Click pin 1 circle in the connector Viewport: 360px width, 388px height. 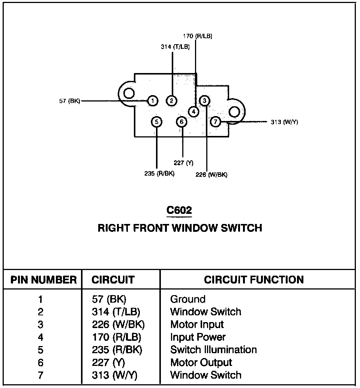pyautogui.click(x=153, y=101)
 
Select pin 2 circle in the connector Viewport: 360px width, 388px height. pyautogui.click(x=171, y=100)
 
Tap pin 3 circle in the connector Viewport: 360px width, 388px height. pyautogui.click(x=204, y=100)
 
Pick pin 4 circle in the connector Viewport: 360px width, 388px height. pyautogui.click(x=193, y=112)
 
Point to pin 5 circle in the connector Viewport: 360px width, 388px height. pyautogui.click(x=157, y=122)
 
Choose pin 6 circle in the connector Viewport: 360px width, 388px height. pyautogui.click(x=182, y=122)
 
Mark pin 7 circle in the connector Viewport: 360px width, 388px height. pyautogui.click(x=215, y=122)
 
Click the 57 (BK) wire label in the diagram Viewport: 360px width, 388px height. pyautogui.click(x=70, y=101)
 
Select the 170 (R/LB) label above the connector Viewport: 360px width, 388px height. pyautogui.click(x=198, y=36)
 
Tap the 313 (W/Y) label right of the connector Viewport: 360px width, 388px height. pyautogui.click(x=284, y=122)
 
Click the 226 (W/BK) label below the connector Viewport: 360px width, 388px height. pyautogui.click(x=211, y=175)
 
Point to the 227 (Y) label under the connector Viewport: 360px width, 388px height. pyautogui.click(x=184, y=163)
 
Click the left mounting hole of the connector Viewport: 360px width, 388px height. pyautogui.click(x=129, y=94)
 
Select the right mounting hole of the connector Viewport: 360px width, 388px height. pyautogui.click(x=234, y=112)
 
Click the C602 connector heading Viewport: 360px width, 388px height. pyautogui.click(x=179, y=210)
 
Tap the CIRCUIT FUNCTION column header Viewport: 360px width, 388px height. pyautogui.click(x=254, y=280)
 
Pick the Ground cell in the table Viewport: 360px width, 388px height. pyautogui.click(x=188, y=299)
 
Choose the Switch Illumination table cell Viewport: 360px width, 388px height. pyautogui.click(x=214, y=350)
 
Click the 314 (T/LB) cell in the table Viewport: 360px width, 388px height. pyautogui.click(x=116, y=312)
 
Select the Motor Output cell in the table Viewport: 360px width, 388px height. pyautogui.click(x=201, y=363)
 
